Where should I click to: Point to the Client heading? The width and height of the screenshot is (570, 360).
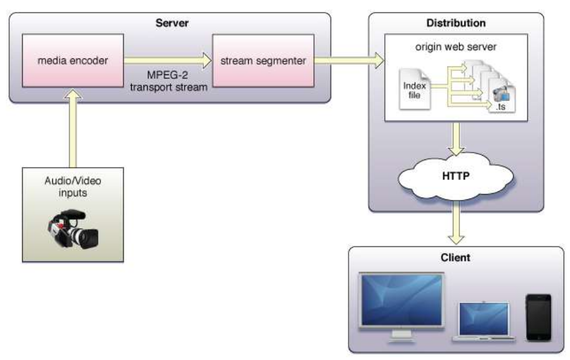455,257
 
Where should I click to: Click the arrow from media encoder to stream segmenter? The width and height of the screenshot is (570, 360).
167,59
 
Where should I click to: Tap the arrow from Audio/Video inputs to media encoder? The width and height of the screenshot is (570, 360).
73,131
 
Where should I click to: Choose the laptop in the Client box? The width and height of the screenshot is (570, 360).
484,321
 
